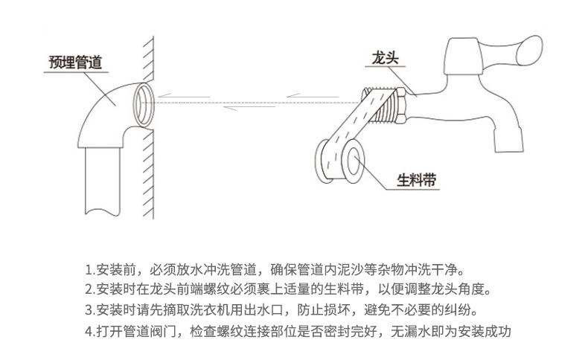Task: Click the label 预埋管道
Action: point(76,62)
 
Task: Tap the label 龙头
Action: point(385,58)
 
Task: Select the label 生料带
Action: point(417,180)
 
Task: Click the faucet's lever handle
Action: point(513,52)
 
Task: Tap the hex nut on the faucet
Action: point(402,106)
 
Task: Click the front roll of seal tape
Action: point(352,161)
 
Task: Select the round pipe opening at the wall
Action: point(143,104)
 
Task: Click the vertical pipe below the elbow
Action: point(103,181)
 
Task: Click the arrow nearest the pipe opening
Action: point(183,96)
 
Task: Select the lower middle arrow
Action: point(249,108)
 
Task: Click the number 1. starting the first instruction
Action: point(90,270)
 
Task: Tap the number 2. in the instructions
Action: point(90,289)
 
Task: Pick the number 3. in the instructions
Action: point(90,310)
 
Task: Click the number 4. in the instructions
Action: point(90,331)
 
